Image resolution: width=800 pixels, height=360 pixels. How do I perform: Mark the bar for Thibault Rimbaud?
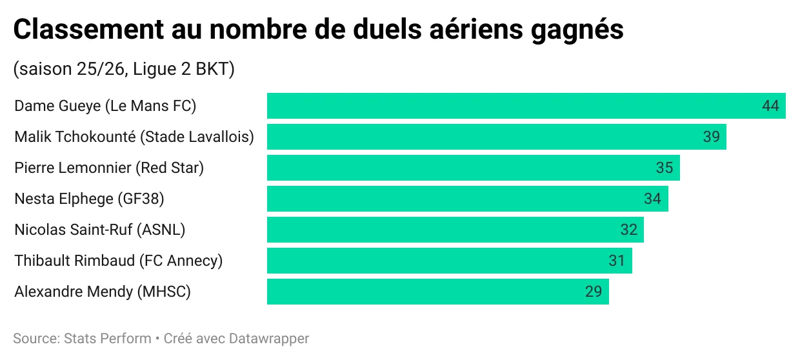[439, 261]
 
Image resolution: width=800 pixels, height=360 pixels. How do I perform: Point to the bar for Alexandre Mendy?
[426, 292]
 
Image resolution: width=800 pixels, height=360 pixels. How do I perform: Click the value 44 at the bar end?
[770, 106]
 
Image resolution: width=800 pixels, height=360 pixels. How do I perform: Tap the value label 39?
[711, 137]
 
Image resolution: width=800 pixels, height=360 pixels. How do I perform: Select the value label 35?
[664, 168]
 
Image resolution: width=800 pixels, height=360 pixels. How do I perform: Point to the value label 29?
[593, 292]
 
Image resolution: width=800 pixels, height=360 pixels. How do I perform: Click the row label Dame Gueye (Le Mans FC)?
[105, 106]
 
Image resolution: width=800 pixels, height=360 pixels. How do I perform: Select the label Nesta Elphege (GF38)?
[89, 199]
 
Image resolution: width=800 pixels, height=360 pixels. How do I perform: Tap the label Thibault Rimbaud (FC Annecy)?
[118, 261]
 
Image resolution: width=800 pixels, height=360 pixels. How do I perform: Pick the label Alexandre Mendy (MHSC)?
[103, 292]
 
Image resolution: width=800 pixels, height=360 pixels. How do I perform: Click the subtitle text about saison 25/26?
[123, 69]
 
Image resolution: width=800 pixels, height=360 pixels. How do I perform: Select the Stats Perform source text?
[106, 338]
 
